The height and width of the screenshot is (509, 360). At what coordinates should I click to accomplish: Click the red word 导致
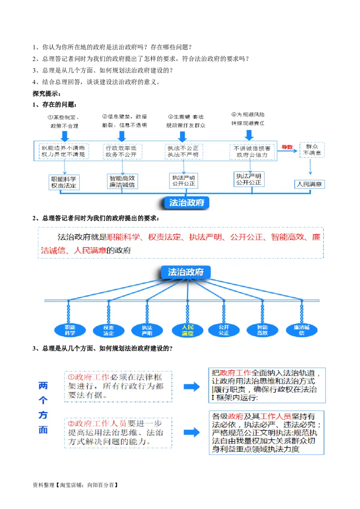287,147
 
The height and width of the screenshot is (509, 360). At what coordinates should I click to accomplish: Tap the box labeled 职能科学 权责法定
63,182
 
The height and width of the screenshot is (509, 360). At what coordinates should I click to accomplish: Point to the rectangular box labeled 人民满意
310,184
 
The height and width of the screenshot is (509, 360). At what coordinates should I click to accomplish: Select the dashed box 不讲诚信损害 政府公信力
252,152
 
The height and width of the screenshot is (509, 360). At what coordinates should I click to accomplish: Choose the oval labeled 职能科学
70,330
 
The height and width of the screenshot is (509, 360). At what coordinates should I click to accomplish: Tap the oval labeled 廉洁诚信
301,330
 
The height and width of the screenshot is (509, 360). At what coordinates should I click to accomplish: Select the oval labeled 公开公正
224,330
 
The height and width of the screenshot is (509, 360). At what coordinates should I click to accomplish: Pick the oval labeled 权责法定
108,330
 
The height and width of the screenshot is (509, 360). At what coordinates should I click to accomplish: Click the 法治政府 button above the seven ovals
185,272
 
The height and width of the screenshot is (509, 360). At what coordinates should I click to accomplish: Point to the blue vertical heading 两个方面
43,407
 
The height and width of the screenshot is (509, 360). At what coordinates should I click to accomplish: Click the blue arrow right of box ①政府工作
192,387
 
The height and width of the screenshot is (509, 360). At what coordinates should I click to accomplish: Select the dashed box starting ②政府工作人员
118,433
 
